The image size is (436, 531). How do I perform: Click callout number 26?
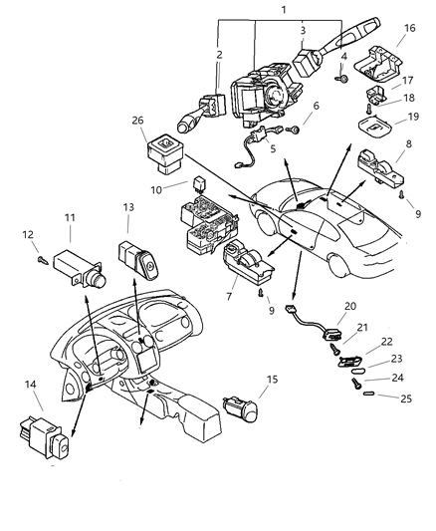point(137,121)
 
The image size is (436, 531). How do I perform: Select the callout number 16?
point(409,28)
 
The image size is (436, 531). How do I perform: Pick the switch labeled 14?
point(45,437)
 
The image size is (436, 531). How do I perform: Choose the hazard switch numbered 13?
point(138,259)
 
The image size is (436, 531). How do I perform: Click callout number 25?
point(406,398)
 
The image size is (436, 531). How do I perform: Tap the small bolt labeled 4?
point(342,80)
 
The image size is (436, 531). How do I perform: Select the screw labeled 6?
point(293,130)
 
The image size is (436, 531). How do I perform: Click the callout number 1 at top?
point(284,10)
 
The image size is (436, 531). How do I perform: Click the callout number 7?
point(229,296)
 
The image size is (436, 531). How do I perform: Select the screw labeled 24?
point(356,384)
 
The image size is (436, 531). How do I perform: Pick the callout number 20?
point(350,306)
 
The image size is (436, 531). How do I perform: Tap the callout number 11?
point(70,218)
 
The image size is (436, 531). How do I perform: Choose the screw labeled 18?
point(368,109)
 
